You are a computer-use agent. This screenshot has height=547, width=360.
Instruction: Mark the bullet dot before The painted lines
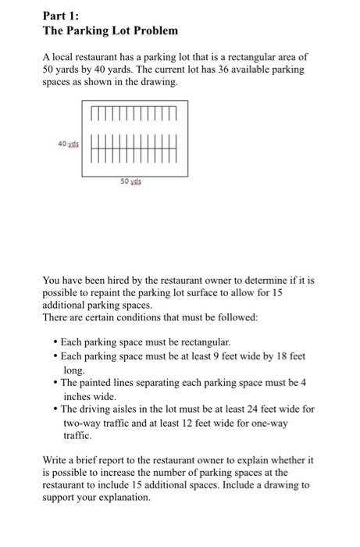coord(53,383)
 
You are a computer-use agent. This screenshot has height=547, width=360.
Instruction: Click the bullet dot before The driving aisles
coord(53,409)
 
